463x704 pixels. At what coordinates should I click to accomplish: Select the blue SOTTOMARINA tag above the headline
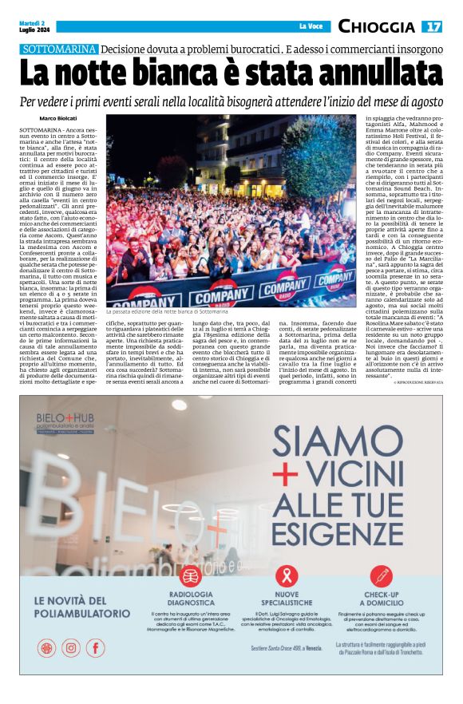(61, 49)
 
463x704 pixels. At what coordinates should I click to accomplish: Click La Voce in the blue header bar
(309, 26)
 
